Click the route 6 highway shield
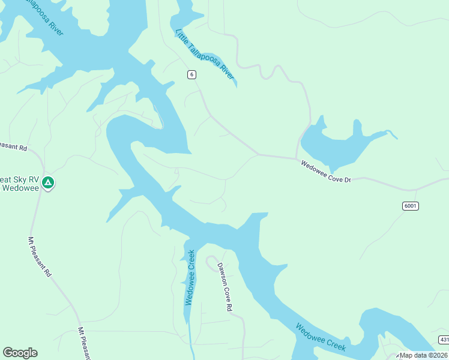pyautogui.click(x=191, y=74)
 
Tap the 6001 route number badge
pyautogui.click(x=411, y=206)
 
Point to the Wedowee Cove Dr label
pyautogui.click(x=325, y=171)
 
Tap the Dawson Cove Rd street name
pyautogui.click(x=224, y=287)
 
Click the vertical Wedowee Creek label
pyautogui.click(x=190, y=277)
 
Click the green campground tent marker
pyautogui.click(x=49, y=182)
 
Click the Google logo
pyautogui.click(x=20, y=353)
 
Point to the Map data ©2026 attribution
pyautogui.click(x=423, y=355)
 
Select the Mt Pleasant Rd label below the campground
pyautogui.click(x=40, y=256)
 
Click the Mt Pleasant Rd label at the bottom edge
pyautogui.click(x=83, y=343)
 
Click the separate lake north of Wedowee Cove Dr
pyautogui.click(x=336, y=147)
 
